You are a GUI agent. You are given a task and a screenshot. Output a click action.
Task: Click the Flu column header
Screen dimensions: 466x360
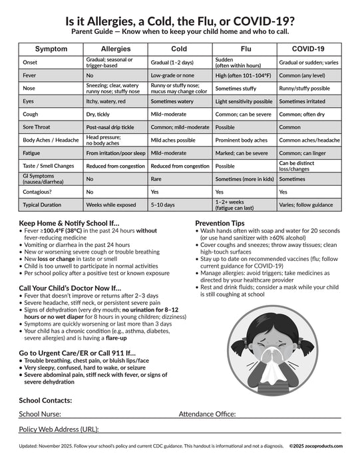[246, 49]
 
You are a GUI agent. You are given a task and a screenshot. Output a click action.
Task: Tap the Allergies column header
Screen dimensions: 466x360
[115, 49]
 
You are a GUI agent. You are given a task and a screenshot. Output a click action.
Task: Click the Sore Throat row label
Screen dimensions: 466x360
[37, 126]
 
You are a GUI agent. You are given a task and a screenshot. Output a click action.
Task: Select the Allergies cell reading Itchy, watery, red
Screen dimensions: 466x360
[106, 101]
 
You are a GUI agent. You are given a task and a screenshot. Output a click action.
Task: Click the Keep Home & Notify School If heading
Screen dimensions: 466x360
[69, 223]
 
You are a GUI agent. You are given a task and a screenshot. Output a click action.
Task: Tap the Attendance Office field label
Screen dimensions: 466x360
[207, 414]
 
